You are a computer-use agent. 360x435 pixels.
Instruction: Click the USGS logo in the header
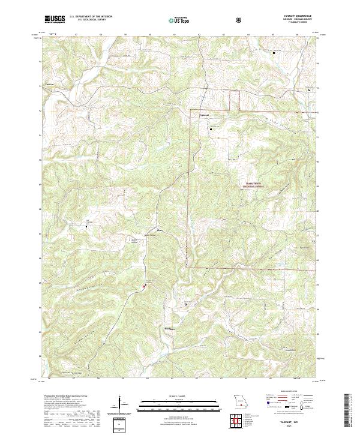(x=55, y=19)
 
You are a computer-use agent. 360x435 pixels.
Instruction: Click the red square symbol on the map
(x=144, y=286)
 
